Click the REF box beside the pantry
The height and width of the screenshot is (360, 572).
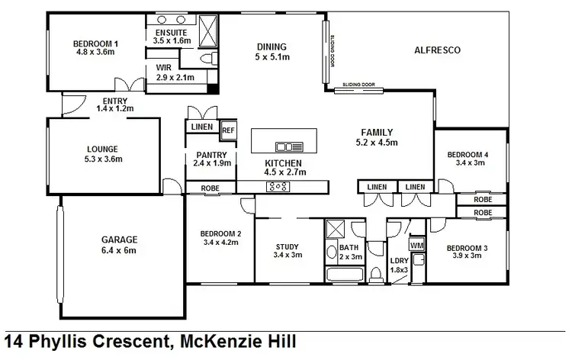228,130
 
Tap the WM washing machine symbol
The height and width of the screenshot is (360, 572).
416,246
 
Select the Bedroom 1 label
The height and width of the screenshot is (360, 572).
95,43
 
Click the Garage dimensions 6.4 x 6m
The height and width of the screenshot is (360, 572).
119,249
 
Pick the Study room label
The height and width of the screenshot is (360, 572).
288,246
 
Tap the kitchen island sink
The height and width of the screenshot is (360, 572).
290,147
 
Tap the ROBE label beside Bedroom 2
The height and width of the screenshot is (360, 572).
210,188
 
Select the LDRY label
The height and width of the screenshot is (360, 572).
398,261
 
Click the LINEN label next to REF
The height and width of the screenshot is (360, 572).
202,127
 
